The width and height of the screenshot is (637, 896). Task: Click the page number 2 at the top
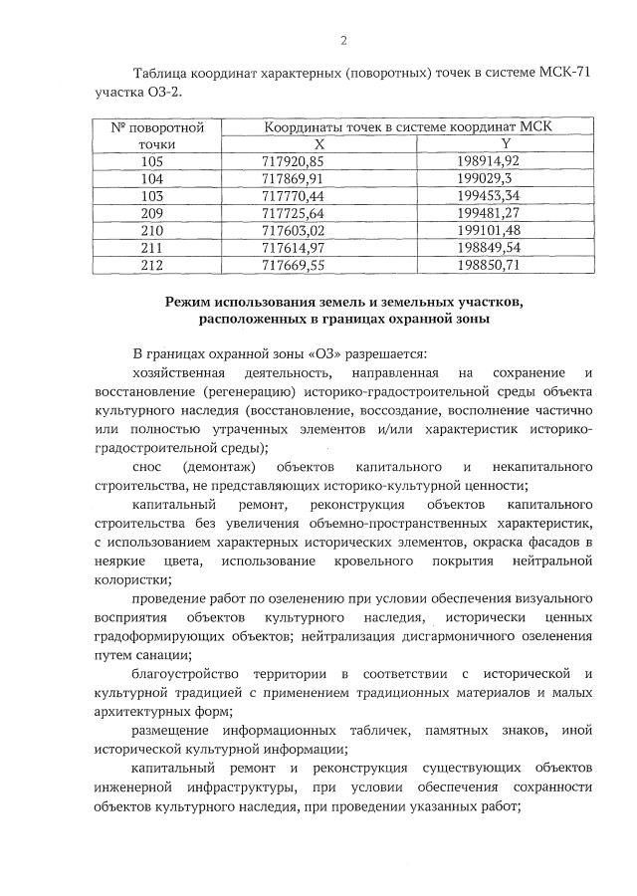click(x=343, y=41)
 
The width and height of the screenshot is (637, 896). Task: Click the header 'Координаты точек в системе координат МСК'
click(x=408, y=126)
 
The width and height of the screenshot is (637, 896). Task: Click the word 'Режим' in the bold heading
click(x=189, y=303)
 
